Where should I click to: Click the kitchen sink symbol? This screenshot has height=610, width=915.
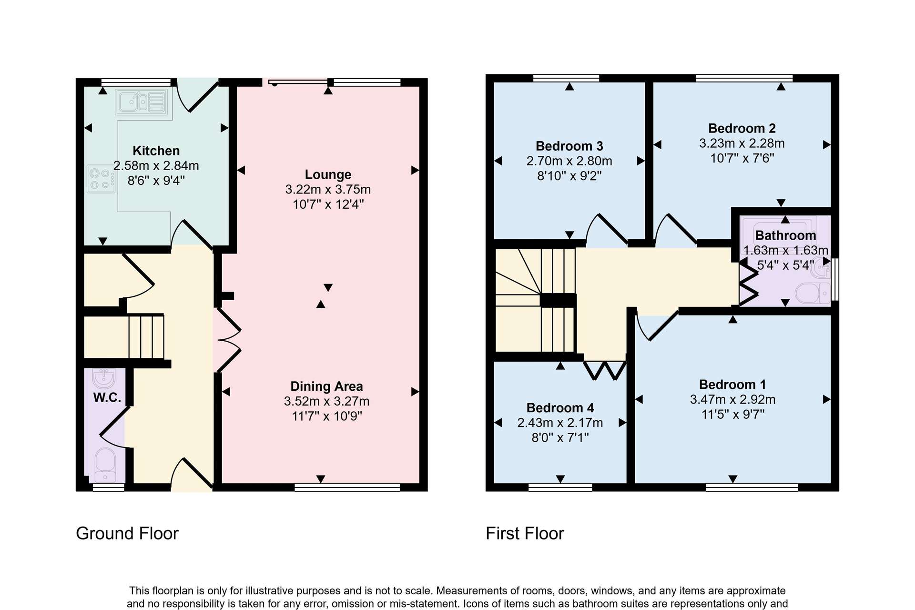(142, 102)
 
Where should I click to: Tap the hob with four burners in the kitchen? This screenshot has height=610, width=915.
(102, 179)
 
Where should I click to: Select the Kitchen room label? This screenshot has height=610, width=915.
(156, 151)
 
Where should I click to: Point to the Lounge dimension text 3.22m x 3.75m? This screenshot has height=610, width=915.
(328, 189)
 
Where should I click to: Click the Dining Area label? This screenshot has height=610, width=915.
(327, 386)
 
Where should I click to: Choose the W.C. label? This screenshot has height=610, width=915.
(107, 397)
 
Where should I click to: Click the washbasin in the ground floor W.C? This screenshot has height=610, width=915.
(104, 378)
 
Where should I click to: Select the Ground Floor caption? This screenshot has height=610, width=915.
(127, 533)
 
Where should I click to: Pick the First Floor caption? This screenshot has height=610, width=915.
(525, 533)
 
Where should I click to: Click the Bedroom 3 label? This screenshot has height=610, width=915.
(569, 146)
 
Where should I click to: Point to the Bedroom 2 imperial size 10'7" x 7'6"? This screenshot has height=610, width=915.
(742, 158)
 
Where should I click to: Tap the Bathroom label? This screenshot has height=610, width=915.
(785, 235)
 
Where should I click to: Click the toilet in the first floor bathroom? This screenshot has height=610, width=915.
(813, 293)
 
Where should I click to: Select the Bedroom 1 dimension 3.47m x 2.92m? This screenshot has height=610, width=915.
(733, 399)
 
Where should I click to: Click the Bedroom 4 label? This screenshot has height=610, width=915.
(560, 408)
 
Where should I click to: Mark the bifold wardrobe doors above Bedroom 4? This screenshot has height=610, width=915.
(605, 370)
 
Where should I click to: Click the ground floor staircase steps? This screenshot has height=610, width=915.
(146, 336)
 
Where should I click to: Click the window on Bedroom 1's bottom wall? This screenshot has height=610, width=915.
(752, 487)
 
